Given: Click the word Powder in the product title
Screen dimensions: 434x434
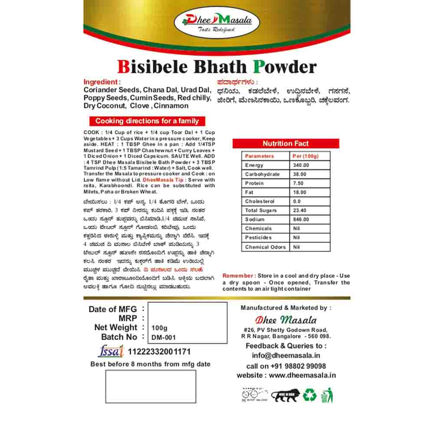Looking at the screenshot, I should pos(285,67).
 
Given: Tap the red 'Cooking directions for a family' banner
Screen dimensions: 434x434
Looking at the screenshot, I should pos(147,121).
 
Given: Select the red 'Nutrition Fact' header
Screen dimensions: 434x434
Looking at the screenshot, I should pos(286,144).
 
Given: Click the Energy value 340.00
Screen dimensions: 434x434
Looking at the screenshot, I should pos(301,165).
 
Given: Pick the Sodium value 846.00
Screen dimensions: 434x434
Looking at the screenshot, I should pos(301,220).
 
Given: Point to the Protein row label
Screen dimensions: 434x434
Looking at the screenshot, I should pos(254,184).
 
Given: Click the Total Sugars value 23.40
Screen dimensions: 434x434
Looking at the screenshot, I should pos(300,210).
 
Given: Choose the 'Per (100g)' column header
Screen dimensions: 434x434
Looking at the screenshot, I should pos(306,156).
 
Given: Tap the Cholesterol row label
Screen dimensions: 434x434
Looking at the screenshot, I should pos(260,201).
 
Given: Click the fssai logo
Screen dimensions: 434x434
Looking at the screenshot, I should pos(111,351).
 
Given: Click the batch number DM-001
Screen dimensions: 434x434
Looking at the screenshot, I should pos(164,337).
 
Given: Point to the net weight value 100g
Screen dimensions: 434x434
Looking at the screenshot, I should pos(160,328).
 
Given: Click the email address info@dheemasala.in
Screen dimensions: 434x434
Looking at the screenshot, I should pos(286,356).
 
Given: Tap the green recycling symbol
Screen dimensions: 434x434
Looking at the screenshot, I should pos(310,395).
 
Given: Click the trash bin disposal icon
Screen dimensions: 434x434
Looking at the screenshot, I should pos(327,395).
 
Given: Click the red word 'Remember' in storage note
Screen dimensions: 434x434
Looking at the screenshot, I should pos(238,276).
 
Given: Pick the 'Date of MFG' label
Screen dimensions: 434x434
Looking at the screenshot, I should pos(113,309).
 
